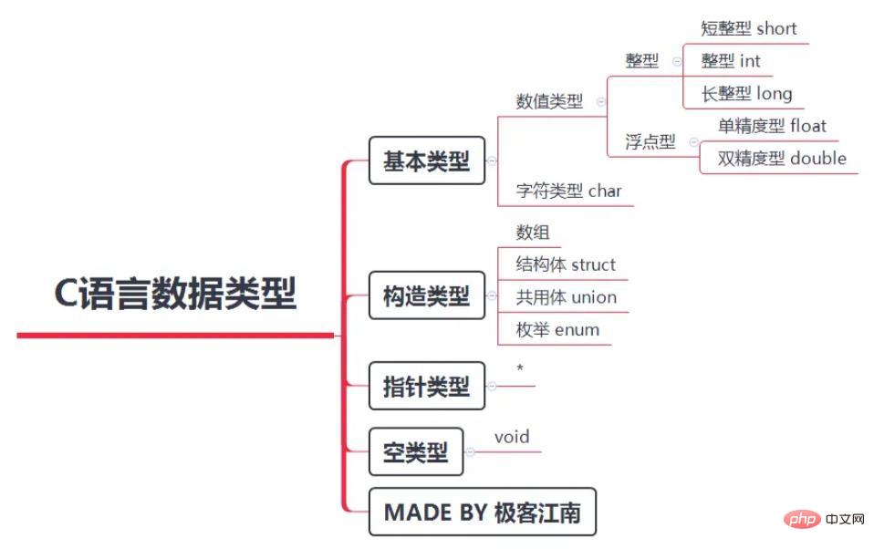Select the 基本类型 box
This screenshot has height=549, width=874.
[426, 161]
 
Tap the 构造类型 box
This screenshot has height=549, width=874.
[426, 295]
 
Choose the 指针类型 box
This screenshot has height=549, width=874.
[426, 386]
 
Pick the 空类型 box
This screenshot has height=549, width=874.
[415, 451]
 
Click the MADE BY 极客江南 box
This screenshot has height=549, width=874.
[482, 512]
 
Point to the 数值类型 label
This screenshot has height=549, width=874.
[549, 101]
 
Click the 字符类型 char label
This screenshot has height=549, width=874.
[568, 191]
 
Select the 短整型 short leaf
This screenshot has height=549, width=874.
[748, 28]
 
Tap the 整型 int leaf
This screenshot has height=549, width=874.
[730, 61]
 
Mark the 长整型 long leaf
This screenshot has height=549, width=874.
[746, 93]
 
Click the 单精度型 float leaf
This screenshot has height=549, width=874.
[772, 125]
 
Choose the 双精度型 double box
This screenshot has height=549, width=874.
[781, 158]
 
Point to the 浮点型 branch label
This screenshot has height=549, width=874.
[650, 141]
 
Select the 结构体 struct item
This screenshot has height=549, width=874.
[566, 264]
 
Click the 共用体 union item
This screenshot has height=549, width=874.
[566, 297]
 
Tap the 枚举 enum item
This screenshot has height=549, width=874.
[557, 330]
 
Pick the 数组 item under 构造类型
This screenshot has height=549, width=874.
[533, 233]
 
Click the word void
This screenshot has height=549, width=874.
[512, 437]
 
